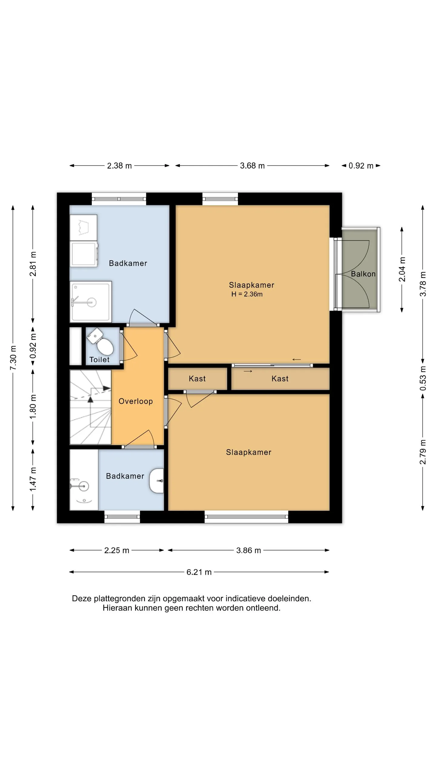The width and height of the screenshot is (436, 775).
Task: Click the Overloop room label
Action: coord(136,401)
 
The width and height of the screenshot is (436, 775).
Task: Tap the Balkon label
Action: coord(363,274)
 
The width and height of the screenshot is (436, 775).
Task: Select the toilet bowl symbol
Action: coord(101,342)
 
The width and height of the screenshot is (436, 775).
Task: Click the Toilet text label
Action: coord(99,360)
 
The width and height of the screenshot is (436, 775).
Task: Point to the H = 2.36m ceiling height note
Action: coord(247,294)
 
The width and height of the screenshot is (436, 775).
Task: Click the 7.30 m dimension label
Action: coord(13,358)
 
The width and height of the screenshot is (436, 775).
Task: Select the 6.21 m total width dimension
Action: coord(199,572)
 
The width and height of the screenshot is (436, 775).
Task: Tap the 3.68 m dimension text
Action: coord(252,166)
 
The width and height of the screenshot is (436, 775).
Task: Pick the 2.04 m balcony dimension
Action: coord(402,269)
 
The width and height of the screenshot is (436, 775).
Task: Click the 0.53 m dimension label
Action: coord(423,378)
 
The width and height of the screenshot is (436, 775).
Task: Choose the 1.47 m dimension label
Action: coord(33,479)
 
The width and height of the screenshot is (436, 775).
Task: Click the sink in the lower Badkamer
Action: coord(157,481)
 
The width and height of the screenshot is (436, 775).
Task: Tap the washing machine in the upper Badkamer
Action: coord(84,254)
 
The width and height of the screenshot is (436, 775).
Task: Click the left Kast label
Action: coord(197,379)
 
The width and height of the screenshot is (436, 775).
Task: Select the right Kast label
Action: coord(280,379)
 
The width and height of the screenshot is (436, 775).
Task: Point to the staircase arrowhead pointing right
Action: coord(107,388)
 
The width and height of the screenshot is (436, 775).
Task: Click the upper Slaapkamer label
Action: coord(252,285)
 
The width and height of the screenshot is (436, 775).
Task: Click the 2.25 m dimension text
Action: coord(117,550)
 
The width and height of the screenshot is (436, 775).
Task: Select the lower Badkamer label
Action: coord(125,476)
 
